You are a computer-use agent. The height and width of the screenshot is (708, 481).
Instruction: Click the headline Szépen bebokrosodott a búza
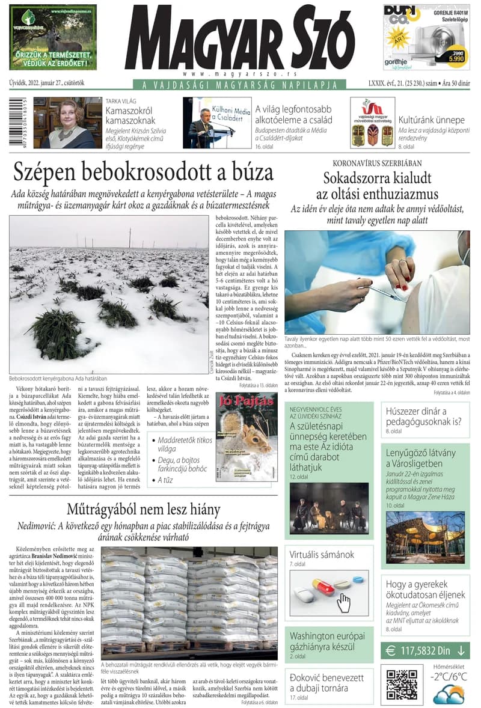tap(143, 172)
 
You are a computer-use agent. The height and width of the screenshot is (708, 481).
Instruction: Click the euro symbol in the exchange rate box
tap(391, 650)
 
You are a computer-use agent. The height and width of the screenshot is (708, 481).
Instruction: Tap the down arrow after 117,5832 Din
tap(461, 650)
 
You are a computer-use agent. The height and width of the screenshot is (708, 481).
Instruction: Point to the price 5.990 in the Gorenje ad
tap(455, 59)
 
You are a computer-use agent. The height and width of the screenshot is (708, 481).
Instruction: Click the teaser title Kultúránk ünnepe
tap(431, 120)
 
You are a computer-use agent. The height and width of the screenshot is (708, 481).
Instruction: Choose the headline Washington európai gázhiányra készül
tap(327, 641)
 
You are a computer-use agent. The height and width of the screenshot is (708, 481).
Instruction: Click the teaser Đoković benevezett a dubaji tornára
tap(327, 683)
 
